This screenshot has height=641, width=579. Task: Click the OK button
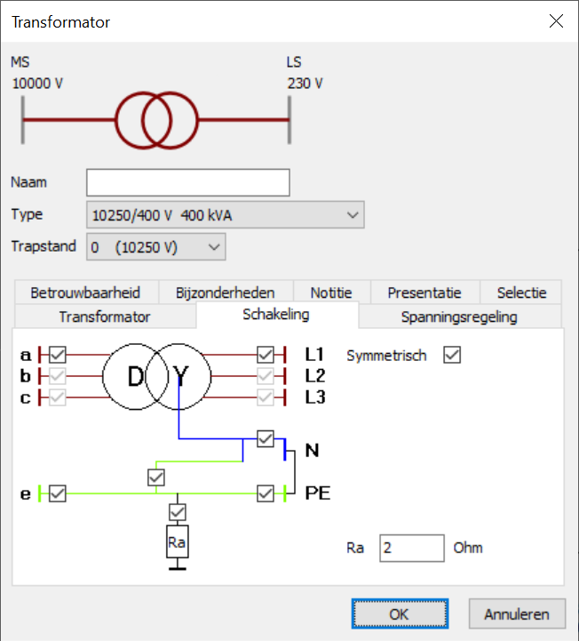click(x=400, y=613)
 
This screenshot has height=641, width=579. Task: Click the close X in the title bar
click(x=557, y=21)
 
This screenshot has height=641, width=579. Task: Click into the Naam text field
click(x=188, y=182)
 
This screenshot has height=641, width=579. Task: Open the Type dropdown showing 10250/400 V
click(x=226, y=215)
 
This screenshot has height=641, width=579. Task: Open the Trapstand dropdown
click(x=156, y=247)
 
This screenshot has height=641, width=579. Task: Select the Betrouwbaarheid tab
click(x=85, y=292)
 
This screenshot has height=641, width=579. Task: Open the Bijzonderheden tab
click(x=225, y=292)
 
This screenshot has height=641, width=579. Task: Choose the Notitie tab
click(x=331, y=292)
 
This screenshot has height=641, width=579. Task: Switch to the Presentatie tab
click(x=424, y=292)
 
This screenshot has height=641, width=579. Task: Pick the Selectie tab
click(x=522, y=292)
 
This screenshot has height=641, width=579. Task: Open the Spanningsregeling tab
click(x=459, y=316)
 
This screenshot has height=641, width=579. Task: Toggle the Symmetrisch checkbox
click(x=452, y=355)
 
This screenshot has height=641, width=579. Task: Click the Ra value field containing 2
click(x=411, y=548)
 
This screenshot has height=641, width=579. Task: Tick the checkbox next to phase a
click(x=58, y=355)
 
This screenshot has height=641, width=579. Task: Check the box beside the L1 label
click(x=266, y=355)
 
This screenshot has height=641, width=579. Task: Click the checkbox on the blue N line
click(x=266, y=438)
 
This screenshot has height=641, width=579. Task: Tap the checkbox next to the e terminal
click(x=58, y=493)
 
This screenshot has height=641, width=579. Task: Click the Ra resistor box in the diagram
click(x=178, y=541)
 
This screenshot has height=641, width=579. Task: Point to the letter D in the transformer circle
click(x=135, y=377)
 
